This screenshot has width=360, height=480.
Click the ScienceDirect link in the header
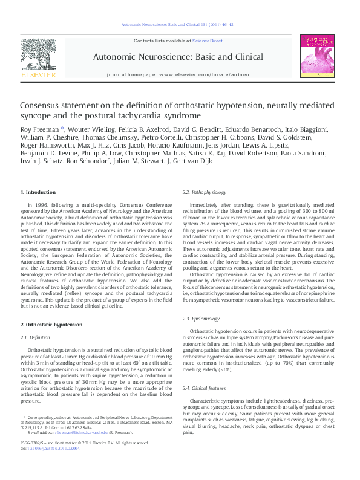[208, 41]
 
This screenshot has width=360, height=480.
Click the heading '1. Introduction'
[38, 192]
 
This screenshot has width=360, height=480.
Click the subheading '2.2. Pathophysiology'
[205, 192]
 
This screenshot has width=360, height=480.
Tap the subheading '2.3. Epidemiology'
[201, 318]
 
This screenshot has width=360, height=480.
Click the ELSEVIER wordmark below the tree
[38, 74]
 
